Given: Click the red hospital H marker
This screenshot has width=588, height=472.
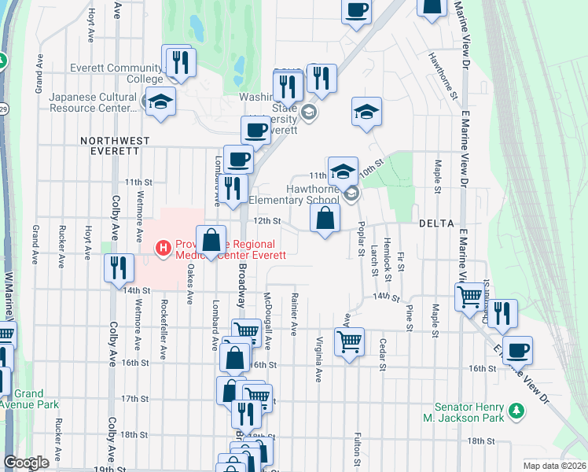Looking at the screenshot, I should [x=164, y=249].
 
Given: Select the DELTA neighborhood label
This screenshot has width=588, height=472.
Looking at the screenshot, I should [x=436, y=223].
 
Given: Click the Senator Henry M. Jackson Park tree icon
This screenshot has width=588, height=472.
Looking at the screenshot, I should [x=516, y=410].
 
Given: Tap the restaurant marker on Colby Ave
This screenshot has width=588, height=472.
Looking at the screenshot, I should [x=118, y=267].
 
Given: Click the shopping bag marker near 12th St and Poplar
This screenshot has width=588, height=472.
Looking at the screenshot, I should [x=325, y=219].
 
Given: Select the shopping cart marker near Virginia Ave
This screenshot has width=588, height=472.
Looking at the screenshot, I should [x=349, y=341].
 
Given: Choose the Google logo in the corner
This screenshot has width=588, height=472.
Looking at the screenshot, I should [x=26, y=463].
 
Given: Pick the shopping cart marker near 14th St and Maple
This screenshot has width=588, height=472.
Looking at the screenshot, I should [x=469, y=297].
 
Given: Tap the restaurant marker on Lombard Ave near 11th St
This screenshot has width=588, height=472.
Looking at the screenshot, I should [x=232, y=188].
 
